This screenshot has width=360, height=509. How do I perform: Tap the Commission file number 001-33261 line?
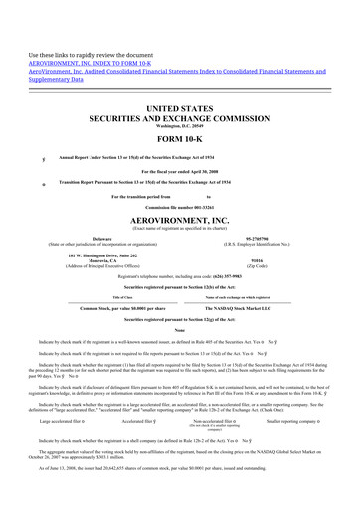[179, 233]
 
